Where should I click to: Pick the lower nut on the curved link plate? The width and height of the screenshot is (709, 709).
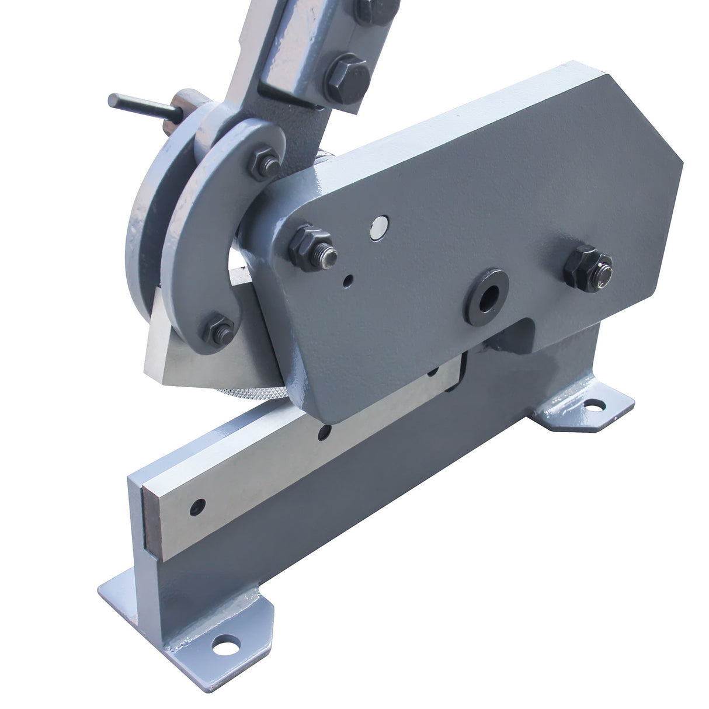point(219,330)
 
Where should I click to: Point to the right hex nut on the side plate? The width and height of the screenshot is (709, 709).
point(587,269)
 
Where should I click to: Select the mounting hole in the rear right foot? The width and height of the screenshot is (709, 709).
point(595,404)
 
